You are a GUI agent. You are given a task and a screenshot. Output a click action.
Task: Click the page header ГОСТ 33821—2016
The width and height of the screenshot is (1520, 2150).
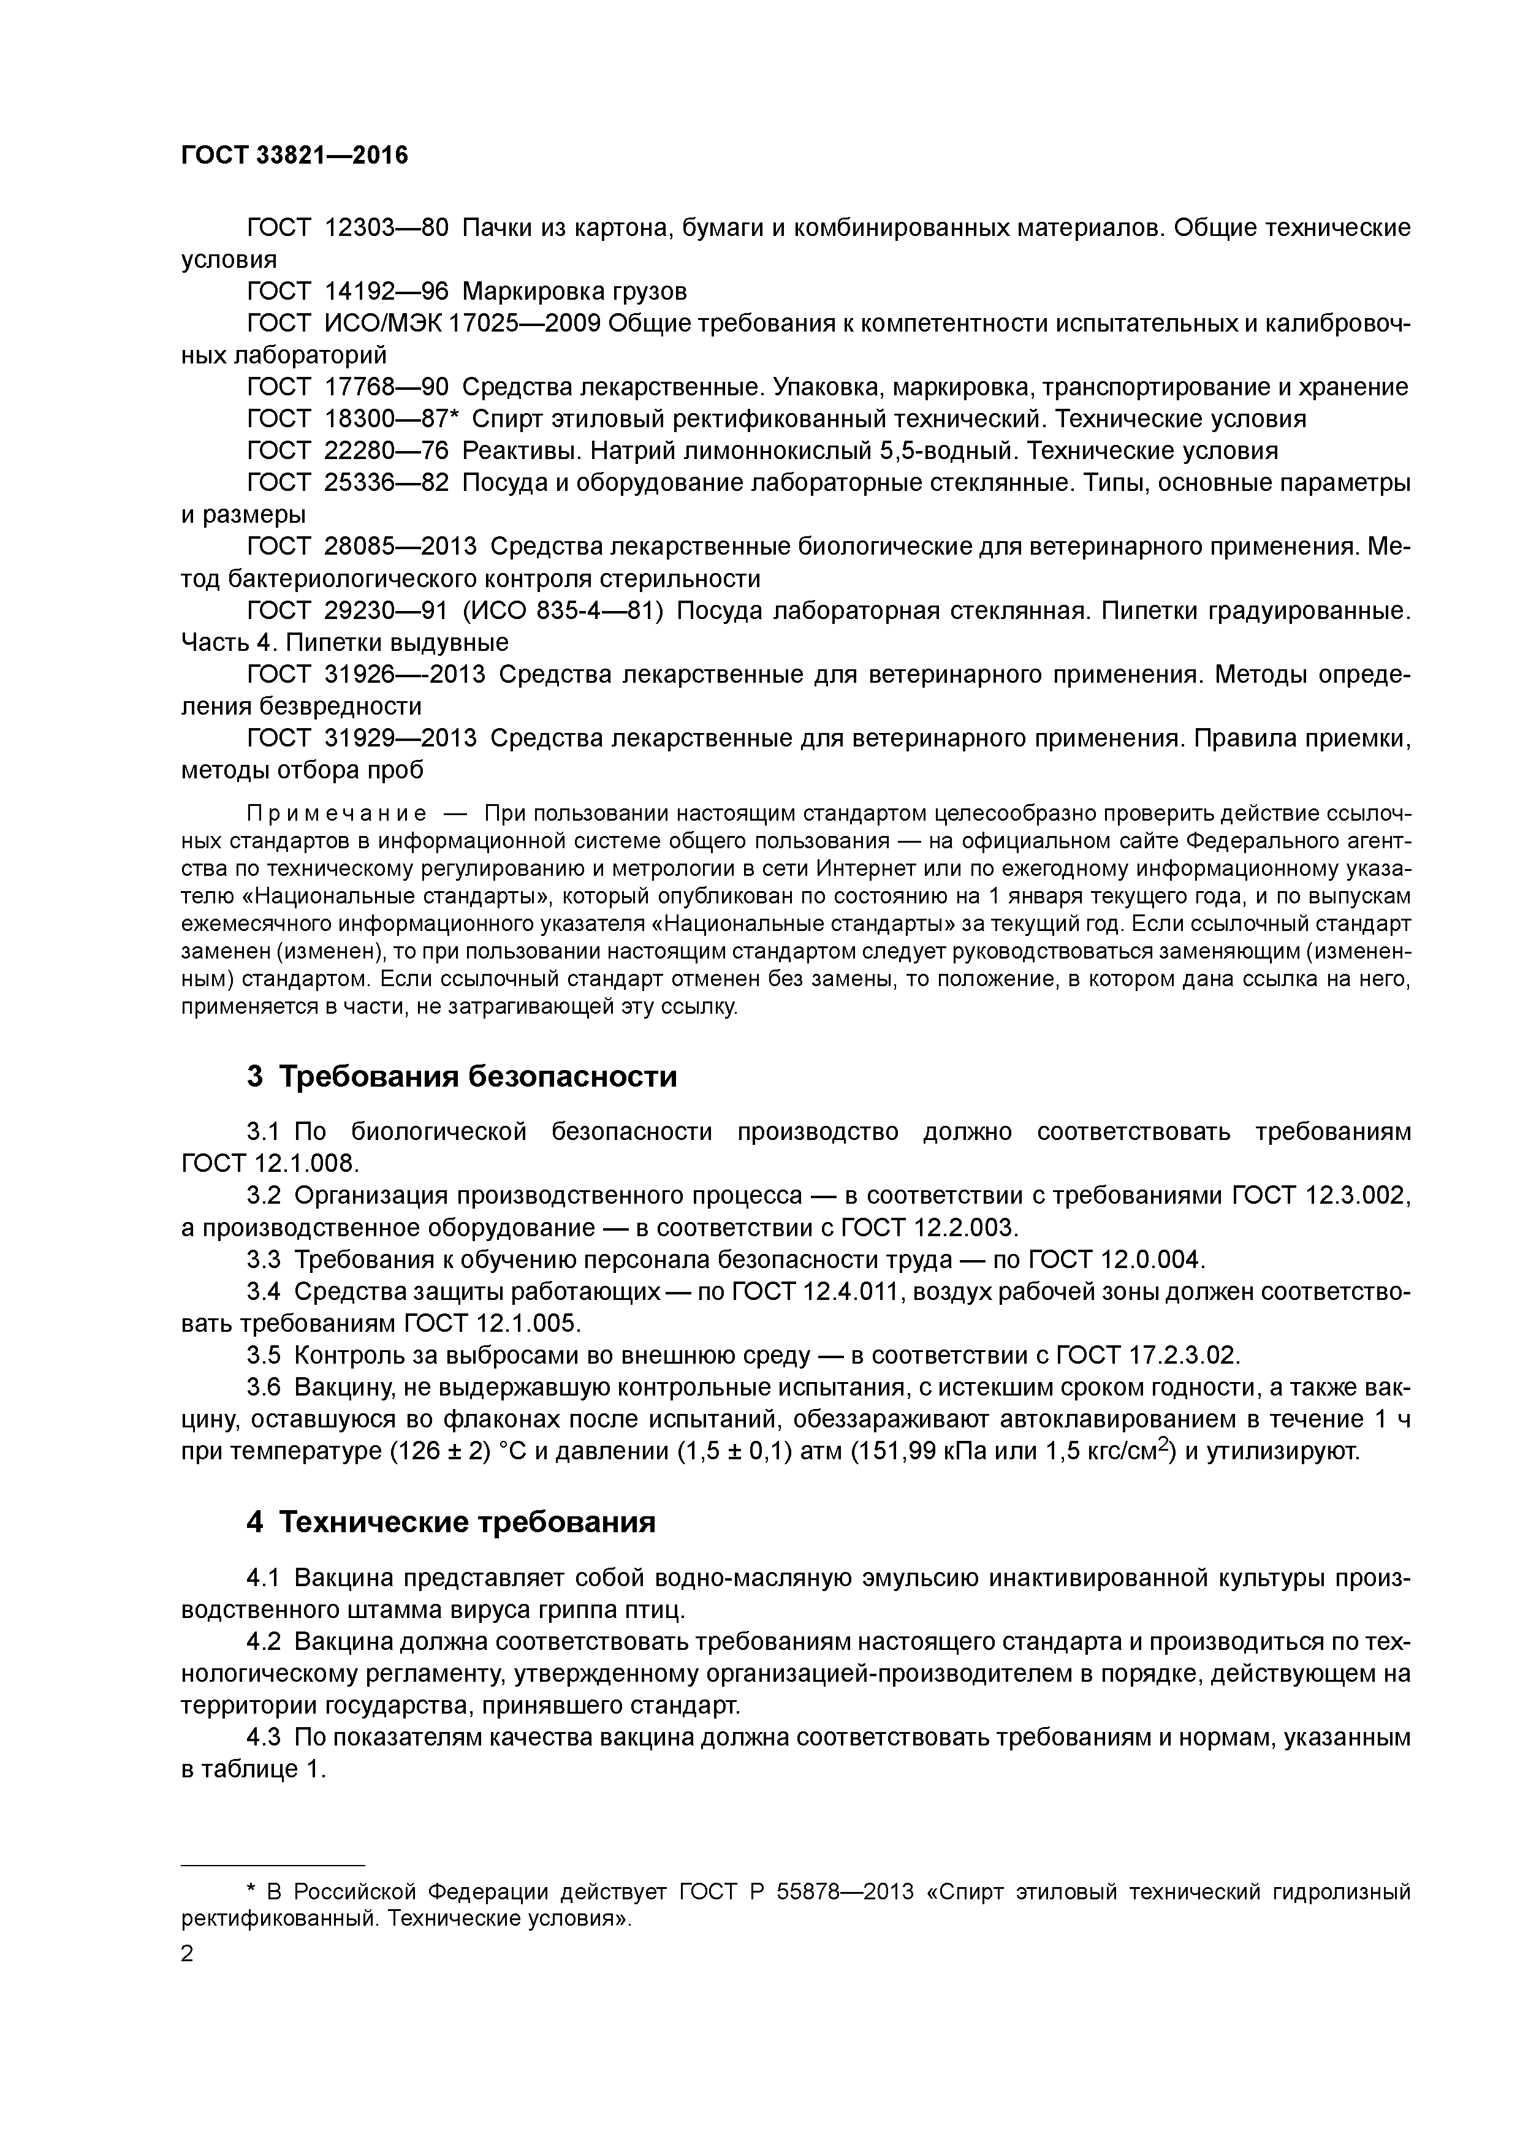click(x=294, y=156)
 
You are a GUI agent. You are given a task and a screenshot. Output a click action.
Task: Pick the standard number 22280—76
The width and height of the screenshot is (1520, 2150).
click(x=386, y=450)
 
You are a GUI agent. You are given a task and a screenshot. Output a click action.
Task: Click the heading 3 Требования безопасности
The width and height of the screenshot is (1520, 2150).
click(x=462, y=1077)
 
